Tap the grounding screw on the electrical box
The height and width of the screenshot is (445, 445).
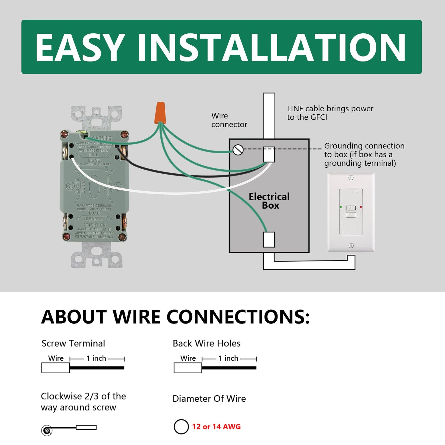click(x=238, y=150)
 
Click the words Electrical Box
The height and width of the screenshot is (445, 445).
click(x=269, y=201)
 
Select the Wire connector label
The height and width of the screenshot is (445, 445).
click(x=229, y=120)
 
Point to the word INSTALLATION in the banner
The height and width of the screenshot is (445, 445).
click(x=271, y=48)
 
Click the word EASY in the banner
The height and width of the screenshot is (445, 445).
click(x=80, y=48)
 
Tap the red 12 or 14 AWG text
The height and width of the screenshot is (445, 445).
click(x=216, y=426)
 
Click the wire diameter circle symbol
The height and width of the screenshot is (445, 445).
click(x=181, y=426)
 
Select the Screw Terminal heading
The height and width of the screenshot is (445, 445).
click(x=73, y=343)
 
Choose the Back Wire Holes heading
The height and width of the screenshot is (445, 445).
click(x=206, y=343)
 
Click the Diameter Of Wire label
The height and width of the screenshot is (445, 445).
click(x=209, y=399)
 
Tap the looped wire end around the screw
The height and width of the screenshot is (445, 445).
click(x=47, y=430)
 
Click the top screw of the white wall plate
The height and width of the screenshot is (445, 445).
click(x=351, y=178)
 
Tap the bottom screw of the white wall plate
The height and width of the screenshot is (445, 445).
click(x=351, y=245)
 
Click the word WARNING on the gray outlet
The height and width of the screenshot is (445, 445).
click(x=101, y=138)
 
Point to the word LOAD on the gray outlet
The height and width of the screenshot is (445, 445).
click(x=94, y=213)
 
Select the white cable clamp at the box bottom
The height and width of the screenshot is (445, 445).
click(x=269, y=239)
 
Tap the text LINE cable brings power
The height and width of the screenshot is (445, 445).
click(x=330, y=109)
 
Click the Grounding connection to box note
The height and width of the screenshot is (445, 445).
click(x=364, y=154)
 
